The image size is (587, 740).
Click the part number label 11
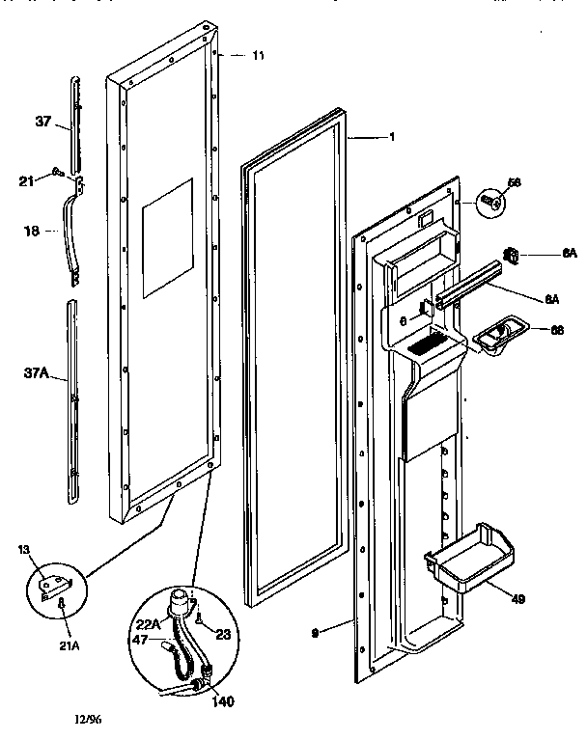[258, 56]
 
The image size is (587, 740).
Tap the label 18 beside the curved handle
[32, 231]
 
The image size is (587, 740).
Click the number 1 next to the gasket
[391, 137]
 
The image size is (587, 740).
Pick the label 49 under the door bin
[517, 599]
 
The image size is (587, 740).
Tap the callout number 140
[222, 701]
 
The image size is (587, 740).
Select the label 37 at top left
[43, 122]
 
